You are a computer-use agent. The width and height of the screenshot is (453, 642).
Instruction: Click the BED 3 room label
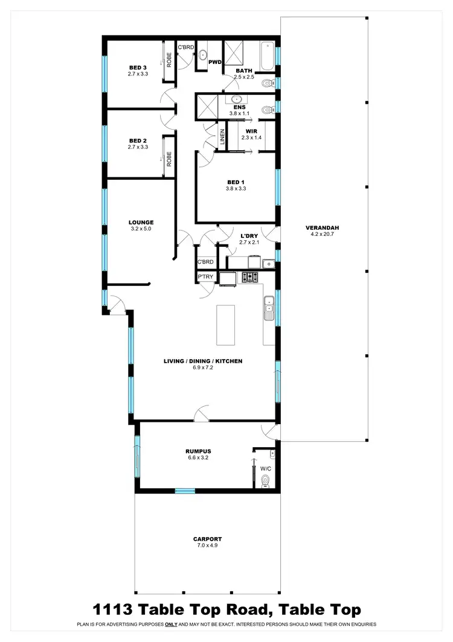point(138,68)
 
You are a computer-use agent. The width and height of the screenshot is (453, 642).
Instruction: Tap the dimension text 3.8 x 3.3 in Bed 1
point(236,188)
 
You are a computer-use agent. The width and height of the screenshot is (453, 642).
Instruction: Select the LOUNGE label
point(141,222)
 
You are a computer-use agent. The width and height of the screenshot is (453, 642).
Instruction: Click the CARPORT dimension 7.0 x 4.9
point(207,545)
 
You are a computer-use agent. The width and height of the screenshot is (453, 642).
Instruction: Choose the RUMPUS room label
point(197,451)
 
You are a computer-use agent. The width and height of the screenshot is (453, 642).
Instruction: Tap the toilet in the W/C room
point(265,480)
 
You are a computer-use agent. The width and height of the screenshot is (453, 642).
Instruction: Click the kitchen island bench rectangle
point(225,325)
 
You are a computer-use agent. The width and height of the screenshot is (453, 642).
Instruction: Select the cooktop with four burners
point(250,278)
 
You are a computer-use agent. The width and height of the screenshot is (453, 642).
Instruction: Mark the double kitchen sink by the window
point(269,310)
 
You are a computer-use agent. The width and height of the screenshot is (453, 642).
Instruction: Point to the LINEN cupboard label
point(222,138)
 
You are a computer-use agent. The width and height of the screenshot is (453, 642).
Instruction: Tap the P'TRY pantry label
point(205,276)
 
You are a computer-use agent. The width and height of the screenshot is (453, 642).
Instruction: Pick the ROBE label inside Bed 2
point(170,159)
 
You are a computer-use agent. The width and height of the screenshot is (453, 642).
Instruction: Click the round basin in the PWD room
point(204,55)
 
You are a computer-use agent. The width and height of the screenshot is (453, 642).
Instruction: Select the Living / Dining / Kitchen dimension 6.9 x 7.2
point(203,367)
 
